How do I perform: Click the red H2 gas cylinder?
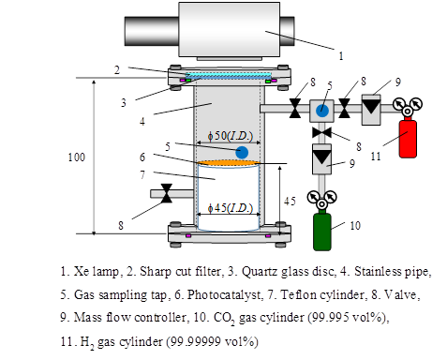(x=408, y=138)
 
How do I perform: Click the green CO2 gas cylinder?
(x=322, y=231)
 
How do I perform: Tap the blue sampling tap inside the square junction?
(x=322, y=111)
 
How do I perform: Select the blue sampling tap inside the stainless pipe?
(x=242, y=153)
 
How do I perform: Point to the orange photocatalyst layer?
(x=229, y=163)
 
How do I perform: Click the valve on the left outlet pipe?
(x=167, y=193)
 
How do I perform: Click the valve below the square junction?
(x=321, y=132)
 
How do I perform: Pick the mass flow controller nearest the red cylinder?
(x=371, y=110)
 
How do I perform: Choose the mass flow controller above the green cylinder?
(x=321, y=158)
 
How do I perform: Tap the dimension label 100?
(x=77, y=157)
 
